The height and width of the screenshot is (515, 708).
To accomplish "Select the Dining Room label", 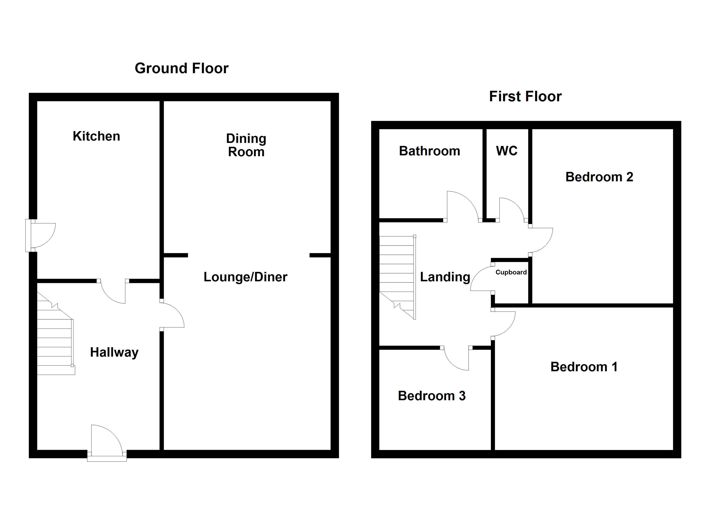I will pos(246,145).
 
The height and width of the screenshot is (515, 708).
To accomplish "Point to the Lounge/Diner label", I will pos(245,277).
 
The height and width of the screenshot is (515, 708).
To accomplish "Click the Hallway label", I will pos(114,352).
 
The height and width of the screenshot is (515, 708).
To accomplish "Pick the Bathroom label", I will pos(429,151).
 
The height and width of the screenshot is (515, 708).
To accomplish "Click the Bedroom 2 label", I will pos(599,177).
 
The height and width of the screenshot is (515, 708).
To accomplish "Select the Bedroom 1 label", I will pos(584,367).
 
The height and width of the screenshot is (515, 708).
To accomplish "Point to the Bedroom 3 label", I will pos(431,396).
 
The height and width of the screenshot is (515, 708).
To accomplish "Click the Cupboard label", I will pos(511,272).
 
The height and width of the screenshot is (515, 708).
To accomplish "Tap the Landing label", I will pos(445,277).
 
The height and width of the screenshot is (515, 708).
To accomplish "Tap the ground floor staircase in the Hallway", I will pos(55,340).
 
